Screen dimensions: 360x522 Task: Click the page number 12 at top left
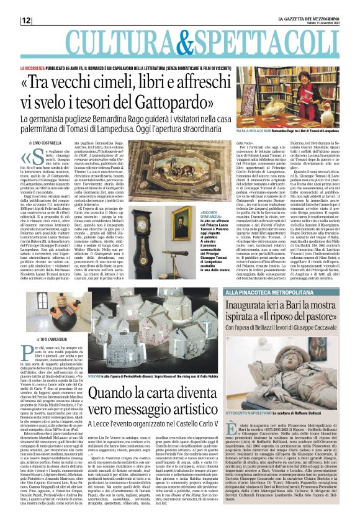tap(27, 20)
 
